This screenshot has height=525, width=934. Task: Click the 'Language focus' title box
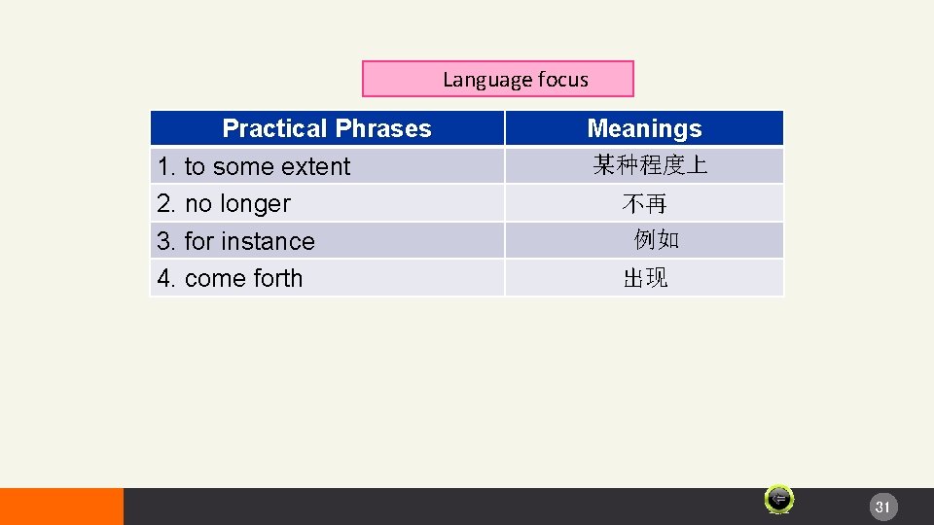point(497,79)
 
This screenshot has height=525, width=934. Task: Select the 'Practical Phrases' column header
point(327,128)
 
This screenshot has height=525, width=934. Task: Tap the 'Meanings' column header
point(644,128)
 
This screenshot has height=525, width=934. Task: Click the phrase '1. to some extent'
point(254,166)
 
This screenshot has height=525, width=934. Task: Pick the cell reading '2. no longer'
point(224,204)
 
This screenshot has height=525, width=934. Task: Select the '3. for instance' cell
point(236,241)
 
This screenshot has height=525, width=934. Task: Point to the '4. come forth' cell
point(230,278)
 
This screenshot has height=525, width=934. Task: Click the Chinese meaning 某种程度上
point(650,166)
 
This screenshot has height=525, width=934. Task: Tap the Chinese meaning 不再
point(644,204)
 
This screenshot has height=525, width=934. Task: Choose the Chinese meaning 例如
point(657,240)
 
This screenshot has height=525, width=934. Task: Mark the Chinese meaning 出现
point(645,279)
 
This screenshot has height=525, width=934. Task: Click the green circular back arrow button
point(778,499)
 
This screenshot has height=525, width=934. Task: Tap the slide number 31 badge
point(882,507)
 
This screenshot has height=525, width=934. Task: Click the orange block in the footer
point(61,507)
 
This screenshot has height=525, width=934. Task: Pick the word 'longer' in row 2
point(255,204)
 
